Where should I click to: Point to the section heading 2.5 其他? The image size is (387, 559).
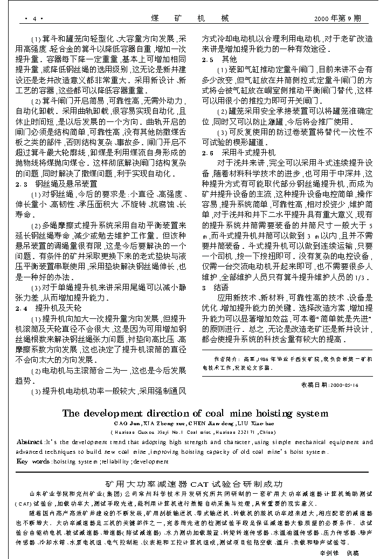pyautogui.click(x=219, y=59)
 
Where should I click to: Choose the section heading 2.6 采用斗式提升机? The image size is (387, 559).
pyautogui.click(x=238, y=153)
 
